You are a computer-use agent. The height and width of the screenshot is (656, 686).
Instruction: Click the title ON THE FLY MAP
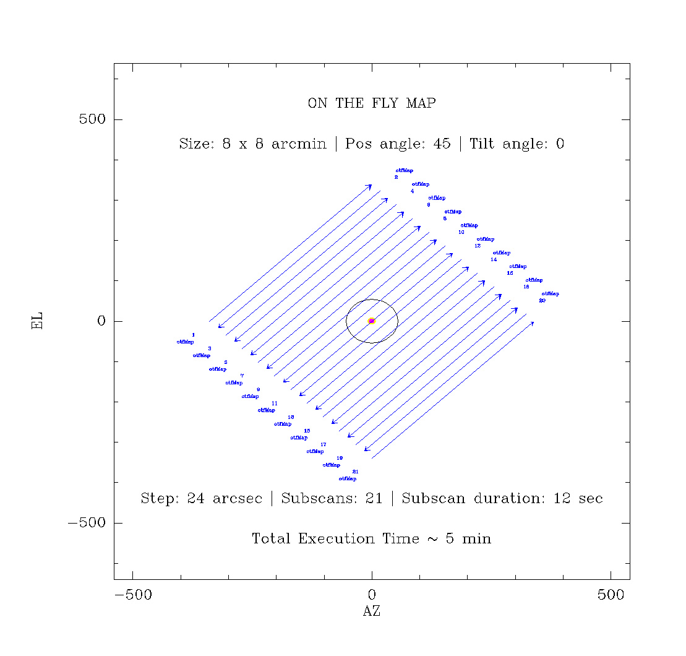(x=371, y=103)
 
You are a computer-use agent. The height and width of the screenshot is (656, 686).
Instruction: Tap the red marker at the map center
(x=372, y=321)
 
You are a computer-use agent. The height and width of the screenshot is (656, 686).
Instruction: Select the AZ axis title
(x=371, y=611)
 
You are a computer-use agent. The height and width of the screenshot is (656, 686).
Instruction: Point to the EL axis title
(x=38, y=321)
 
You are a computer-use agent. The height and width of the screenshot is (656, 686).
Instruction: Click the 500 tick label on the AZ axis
(x=611, y=595)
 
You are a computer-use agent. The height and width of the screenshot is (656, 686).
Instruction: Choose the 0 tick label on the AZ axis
(x=372, y=595)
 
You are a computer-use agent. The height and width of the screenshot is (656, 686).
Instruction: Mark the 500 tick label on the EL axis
(x=92, y=119)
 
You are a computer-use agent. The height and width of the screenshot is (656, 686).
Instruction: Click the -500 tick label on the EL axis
(x=86, y=523)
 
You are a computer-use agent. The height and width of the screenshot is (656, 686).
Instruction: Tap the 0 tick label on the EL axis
(x=101, y=321)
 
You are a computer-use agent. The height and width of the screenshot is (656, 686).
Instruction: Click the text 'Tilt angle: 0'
(x=517, y=144)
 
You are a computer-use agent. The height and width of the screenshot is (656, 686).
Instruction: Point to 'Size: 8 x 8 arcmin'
(x=252, y=144)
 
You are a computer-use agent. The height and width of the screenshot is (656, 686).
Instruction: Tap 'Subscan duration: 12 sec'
(x=502, y=499)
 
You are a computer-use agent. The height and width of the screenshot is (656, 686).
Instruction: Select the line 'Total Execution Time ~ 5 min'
(x=371, y=539)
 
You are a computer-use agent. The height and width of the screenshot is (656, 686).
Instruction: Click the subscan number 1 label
(x=193, y=335)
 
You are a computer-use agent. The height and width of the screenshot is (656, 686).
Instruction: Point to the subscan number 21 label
(x=355, y=472)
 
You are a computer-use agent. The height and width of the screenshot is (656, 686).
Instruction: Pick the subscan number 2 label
(x=396, y=178)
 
